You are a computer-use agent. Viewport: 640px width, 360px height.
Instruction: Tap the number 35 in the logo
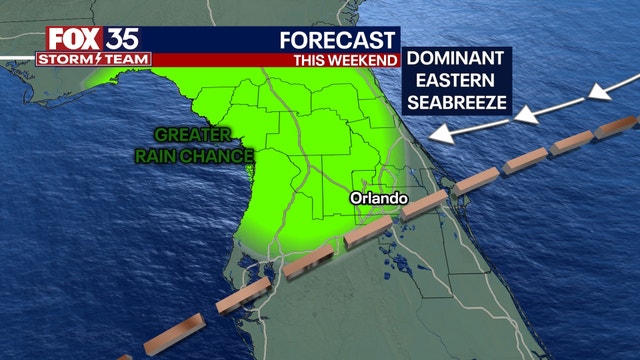(x=124, y=39)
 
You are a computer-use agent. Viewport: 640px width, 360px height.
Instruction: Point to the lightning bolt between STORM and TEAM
(x=96, y=60)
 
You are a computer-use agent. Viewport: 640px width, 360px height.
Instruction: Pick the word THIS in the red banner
(x=310, y=60)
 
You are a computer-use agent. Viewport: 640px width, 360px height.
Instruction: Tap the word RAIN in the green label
(x=161, y=156)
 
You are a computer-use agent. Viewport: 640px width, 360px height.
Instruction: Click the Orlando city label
(x=379, y=199)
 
